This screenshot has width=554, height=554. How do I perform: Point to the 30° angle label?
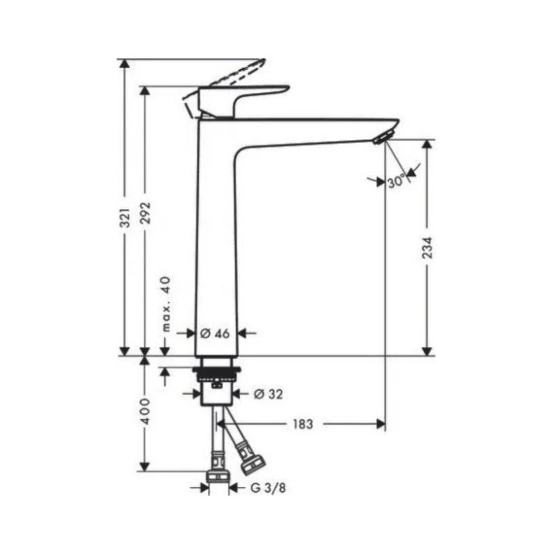click(x=395, y=182)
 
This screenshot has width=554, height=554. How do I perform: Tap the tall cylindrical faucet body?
click(x=215, y=243)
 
